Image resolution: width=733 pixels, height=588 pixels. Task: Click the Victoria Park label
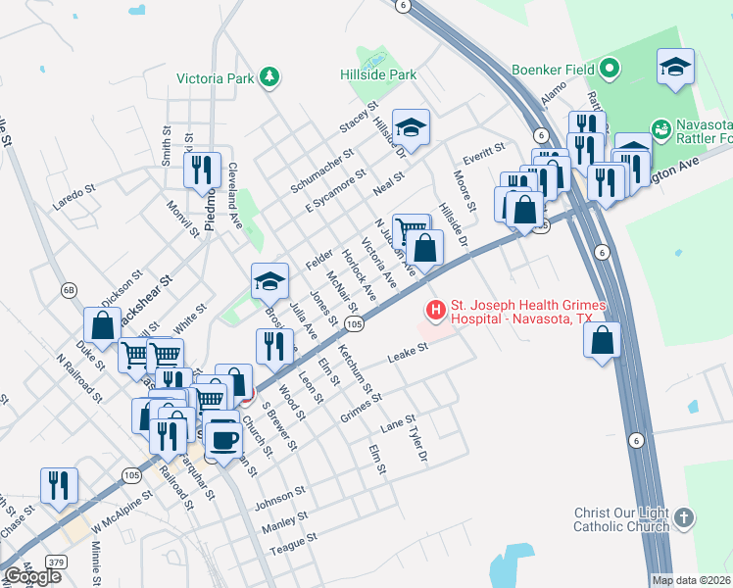[216, 77]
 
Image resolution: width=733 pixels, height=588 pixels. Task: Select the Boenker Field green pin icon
[610, 69]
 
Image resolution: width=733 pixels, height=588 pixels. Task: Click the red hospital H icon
[434, 311]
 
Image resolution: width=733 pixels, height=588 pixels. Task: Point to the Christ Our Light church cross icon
[684, 516]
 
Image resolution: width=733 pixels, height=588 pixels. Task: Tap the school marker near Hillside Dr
[413, 125]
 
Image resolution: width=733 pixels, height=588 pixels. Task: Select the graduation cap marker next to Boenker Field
[675, 66]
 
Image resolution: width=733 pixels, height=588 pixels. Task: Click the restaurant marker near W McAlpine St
[59, 485]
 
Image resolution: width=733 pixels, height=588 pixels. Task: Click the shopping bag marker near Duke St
[102, 325]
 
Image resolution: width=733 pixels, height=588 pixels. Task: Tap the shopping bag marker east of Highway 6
[603, 340]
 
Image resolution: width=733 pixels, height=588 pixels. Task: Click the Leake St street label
[409, 352]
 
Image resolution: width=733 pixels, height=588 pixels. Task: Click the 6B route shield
[69, 290]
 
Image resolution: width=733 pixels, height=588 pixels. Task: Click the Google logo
[31, 576]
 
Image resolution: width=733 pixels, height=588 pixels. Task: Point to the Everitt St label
[484, 149]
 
